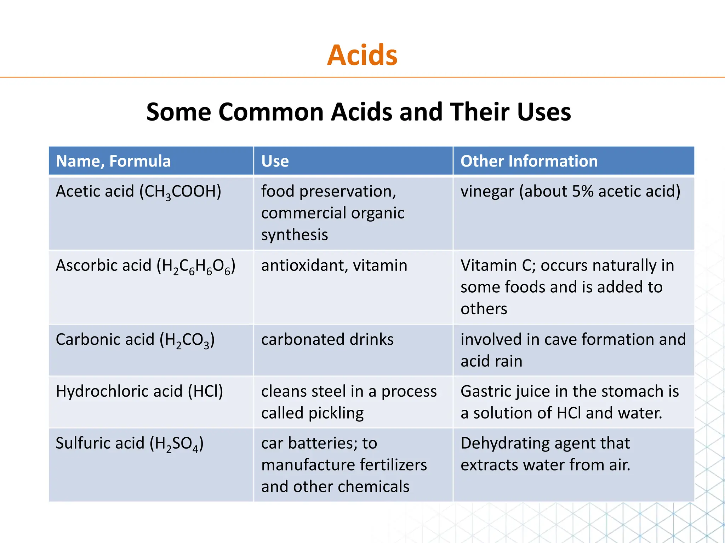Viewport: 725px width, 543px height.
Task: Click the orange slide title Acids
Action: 362,55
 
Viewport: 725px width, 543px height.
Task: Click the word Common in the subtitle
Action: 271,112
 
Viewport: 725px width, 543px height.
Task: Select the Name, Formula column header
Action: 113,161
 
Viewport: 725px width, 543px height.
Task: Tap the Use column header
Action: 275,161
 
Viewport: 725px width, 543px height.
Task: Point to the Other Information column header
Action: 529,161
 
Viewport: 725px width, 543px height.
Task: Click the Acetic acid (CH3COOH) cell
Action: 138,192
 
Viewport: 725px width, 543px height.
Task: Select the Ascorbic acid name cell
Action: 145,266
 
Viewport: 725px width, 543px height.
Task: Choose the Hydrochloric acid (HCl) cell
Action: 139,392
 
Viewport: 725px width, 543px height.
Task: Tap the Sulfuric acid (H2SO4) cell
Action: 130,444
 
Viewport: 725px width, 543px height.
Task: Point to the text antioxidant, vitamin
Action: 334,265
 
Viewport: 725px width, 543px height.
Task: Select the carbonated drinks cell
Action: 327,339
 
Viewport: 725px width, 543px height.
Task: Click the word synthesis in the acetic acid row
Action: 295,235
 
